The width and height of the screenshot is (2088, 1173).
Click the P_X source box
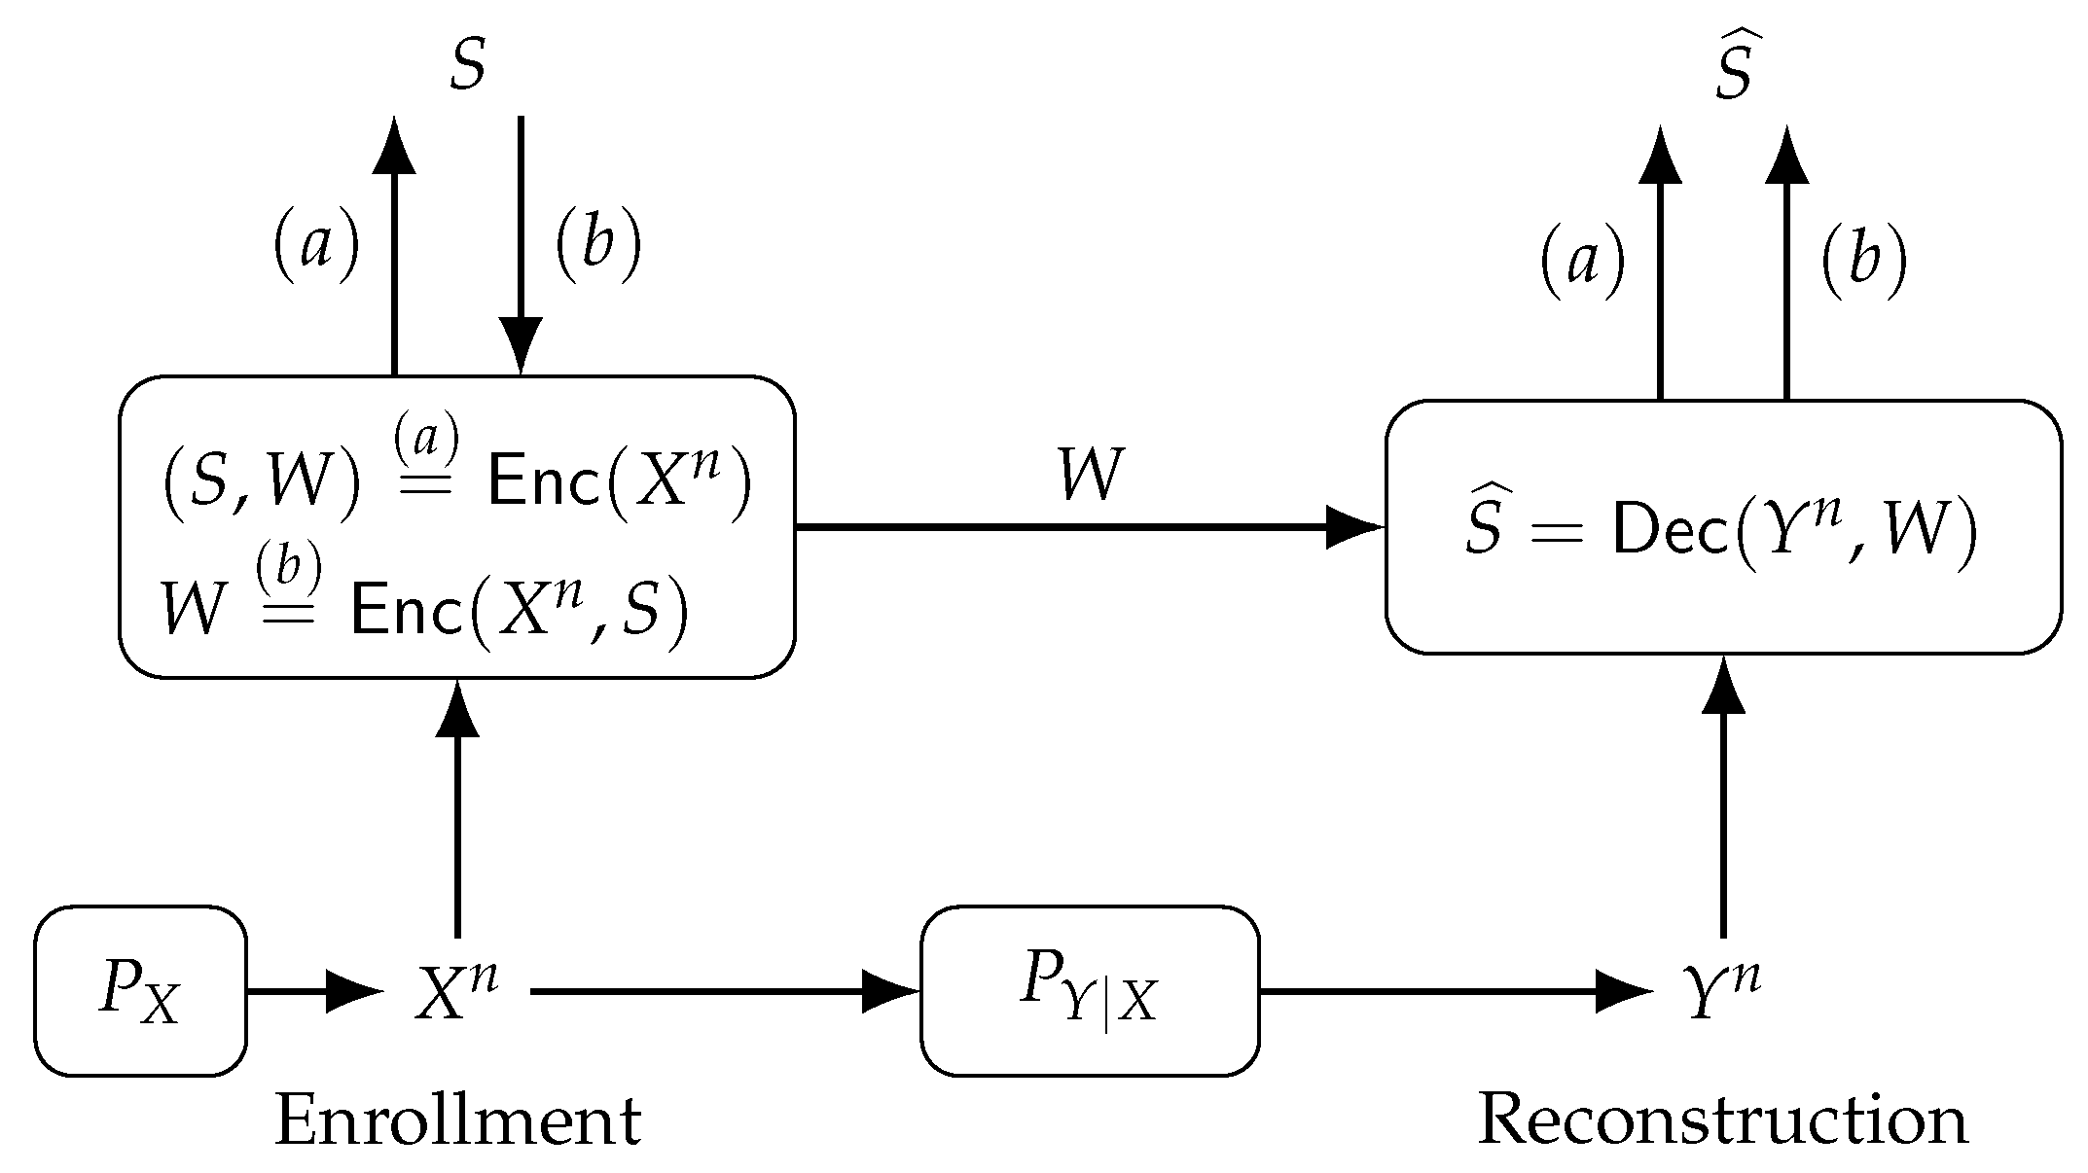point(140,991)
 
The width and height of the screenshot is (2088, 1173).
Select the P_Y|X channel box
point(1089,991)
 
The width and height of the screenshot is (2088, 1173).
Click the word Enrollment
point(457,1121)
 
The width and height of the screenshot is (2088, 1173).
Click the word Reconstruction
point(1722,1121)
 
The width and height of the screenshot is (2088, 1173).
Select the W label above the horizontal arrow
point(1090,476)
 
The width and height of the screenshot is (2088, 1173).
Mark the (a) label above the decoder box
point(1582,263)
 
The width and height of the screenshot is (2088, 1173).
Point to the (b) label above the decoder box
point(1862,263)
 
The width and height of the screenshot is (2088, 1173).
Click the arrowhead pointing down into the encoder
point(521,345)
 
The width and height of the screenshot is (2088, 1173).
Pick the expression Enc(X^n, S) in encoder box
point(519,610)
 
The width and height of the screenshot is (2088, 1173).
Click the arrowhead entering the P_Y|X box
point(890,991)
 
